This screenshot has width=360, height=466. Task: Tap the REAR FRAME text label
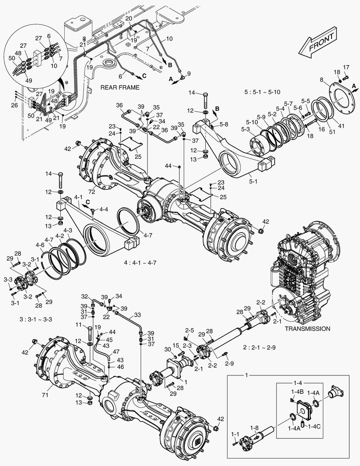pos(120,88)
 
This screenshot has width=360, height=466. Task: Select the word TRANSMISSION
pos(307,328)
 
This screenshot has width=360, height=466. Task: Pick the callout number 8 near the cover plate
pos(322,79)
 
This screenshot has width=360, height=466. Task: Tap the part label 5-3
pos(245,129)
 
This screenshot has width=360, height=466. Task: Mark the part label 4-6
pos(40,244)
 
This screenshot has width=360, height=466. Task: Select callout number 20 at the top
pos(129,18)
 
